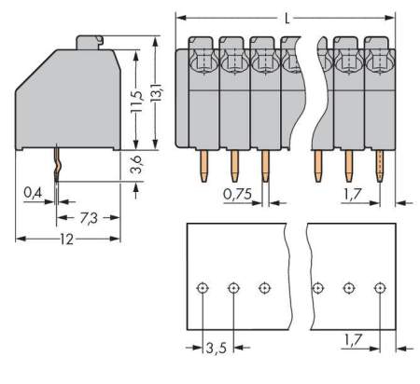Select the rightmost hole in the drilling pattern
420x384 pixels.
pyautogui.click(x=379, y=288)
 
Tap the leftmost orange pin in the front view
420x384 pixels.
pyautogui.click(x=203, y=166)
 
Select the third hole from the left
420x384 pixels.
pyautogui.click(x=264, y=288)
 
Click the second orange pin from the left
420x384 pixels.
pyautogui.click(x=233, y=166)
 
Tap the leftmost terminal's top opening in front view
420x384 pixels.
pyautogui.click(x=203, y=62)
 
